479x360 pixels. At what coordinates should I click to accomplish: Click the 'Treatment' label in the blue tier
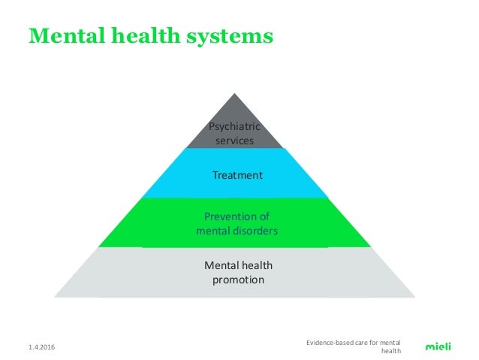coord(237,175)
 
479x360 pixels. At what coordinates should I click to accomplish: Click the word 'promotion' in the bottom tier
coord(237,280)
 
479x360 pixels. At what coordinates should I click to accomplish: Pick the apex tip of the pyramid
coord(237,93)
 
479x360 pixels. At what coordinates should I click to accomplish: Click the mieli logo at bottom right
coord(438,346)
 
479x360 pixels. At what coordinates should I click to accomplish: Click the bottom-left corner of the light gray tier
coord(54,297)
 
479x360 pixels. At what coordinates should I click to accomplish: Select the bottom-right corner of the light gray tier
coord(420,297)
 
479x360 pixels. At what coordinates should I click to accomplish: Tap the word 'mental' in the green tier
coord(212,231)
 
